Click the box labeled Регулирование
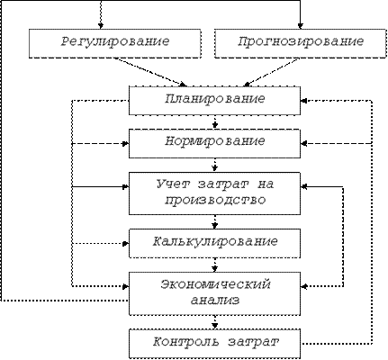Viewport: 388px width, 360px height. (x=115, y=43)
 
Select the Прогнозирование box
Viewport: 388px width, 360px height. (x=300, y=43)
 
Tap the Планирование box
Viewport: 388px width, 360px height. (x=214, y=101)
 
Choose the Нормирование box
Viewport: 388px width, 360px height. (x=214, y=143)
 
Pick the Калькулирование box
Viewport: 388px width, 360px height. (x=214, y=243)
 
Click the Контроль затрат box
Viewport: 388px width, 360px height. (x=214, y=344)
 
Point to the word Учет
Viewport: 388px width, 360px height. (x=173, y=184)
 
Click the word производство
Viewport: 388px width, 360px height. (x=215, y=201)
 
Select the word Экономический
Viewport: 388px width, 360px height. (x=215, y=284)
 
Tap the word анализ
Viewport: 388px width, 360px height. (x=215, y=301)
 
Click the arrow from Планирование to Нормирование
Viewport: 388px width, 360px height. (x=214, y=122)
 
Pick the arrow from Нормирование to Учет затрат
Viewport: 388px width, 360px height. (x=214, y=165)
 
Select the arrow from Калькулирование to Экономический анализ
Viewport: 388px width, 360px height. (x=214, y=265)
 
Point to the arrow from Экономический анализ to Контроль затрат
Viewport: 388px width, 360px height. (x=214, y=322)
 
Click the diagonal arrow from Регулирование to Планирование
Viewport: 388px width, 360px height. (x=150, y=72)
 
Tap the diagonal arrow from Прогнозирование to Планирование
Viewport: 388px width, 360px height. (x=272, y=72)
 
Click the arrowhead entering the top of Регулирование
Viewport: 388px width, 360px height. (x=101, y=26)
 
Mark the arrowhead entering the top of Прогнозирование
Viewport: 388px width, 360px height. (x=300, y=26)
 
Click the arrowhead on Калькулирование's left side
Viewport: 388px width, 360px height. (x=126, y=243)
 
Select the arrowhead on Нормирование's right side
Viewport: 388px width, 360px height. (x=303, y=144)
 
